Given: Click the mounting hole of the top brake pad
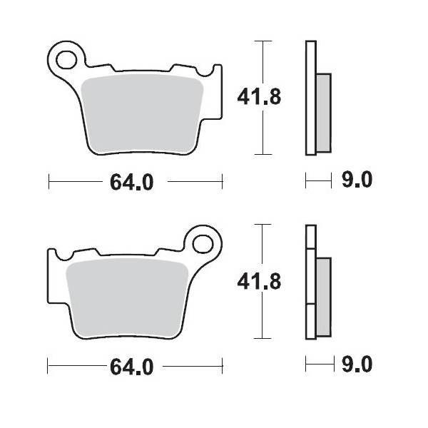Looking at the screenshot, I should click(68, 56).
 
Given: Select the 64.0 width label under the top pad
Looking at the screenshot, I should click(131, 183).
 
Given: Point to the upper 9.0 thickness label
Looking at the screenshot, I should click(357, 181).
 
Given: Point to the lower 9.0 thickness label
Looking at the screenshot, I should click(357, 366).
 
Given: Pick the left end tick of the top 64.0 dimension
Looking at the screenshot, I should click(48, 182).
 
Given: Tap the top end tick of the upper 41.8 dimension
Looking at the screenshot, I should click(264, 41).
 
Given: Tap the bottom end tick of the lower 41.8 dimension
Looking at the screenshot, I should click(264, 339).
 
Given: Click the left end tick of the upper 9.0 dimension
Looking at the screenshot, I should click(306, 181).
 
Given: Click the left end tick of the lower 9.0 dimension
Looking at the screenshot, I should click(306, 366).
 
